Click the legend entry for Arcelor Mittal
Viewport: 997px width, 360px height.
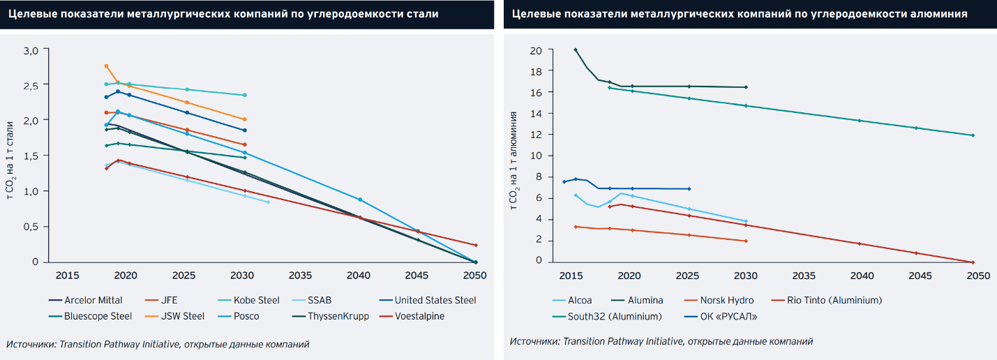pyautogui.click(x=93, y=300)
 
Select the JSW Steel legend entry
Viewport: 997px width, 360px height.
pyautogui.click(x=179, y=316)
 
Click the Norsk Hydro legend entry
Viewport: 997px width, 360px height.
pyautogui.click(x=726, y=300)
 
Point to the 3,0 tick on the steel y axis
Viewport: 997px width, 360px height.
pyautogui.click(x=31, y=50)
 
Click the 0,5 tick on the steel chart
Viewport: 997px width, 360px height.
pyautogui.click(x=31, y=227)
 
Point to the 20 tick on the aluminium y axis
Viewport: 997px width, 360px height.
pyautogui.click(x=536, y=50)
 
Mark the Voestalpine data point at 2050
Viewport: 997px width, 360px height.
pyautogui.click(x=476, y=245)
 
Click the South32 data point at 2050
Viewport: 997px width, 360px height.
pyautogui.click(x=973, y=135)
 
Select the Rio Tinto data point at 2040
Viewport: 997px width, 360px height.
pyautogui.click(x=860, y=243)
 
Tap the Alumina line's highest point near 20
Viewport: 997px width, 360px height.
pyautogui.click(x=576, y=50)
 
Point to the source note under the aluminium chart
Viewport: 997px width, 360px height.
pyautogui.click(x=661, y=341)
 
